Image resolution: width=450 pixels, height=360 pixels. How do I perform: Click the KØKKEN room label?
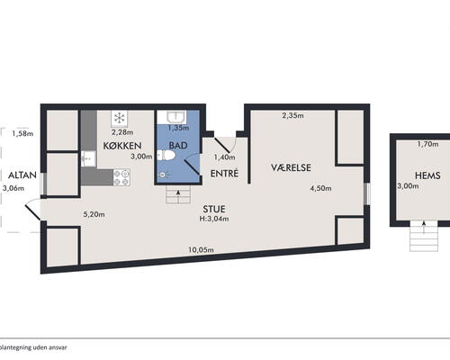[122, 146]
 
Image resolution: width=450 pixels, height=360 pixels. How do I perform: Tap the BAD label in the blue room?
[178, 146]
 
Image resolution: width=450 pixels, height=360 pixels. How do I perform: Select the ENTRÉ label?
[224, 174]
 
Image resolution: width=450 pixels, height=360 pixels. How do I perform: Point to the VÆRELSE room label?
[291, 167]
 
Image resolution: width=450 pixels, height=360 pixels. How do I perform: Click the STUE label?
[214, 209]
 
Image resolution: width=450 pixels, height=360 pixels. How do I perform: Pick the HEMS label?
[427, 175]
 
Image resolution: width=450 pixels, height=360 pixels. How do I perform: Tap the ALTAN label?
[22, 175]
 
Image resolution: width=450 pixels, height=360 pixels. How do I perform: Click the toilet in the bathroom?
[166, 156]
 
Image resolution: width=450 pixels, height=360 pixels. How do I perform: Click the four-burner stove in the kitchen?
[121, 177]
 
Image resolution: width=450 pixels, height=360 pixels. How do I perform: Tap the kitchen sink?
[88, 159]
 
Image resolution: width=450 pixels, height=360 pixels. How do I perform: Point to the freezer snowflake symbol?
[120, 118]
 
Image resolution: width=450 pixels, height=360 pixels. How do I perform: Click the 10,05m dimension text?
[201, 249]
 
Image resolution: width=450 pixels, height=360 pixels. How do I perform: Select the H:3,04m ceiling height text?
[214, 219]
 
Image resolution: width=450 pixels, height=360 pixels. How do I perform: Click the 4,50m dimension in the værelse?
[320, 188]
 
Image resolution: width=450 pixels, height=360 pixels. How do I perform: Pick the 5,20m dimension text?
[94, 214]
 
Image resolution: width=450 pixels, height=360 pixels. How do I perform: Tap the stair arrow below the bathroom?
[178, 193]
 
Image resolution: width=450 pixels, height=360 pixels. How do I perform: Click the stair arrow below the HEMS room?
[424, 227]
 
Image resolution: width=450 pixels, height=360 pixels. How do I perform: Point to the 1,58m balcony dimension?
[22, 133]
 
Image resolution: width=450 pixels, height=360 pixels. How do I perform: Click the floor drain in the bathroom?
[163, 175]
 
